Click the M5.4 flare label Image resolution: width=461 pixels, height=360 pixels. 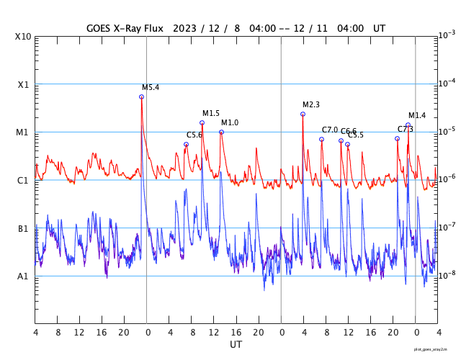point(150,88)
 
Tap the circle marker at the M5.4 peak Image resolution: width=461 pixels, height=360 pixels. point(141,96)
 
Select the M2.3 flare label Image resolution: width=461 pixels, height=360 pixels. point(310,105)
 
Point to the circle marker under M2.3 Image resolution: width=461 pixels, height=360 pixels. point(303,114)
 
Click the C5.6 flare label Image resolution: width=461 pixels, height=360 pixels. point(194,135)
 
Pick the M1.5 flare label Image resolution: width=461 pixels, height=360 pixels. point(210,114)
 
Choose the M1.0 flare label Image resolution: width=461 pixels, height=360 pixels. point(229,123)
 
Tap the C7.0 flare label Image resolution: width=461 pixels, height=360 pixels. point(330,130)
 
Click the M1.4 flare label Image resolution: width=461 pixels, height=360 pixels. point(417,116)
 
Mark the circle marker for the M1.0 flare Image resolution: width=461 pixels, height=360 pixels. point(221,132)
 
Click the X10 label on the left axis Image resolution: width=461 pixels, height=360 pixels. point(23,37)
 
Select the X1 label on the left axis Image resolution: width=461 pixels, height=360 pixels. point(23,84)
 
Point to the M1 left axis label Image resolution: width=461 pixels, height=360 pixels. point(23,132)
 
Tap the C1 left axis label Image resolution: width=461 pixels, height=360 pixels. point(23,180)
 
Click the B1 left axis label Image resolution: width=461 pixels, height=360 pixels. point(23,228)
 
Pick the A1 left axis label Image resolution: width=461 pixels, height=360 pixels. point(23,276)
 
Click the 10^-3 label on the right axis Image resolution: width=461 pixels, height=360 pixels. point(447,35)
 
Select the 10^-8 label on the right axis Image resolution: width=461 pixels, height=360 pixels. point(447,275)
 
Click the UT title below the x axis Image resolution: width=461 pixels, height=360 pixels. point(236,345)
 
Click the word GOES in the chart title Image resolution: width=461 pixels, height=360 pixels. point(101,28)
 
